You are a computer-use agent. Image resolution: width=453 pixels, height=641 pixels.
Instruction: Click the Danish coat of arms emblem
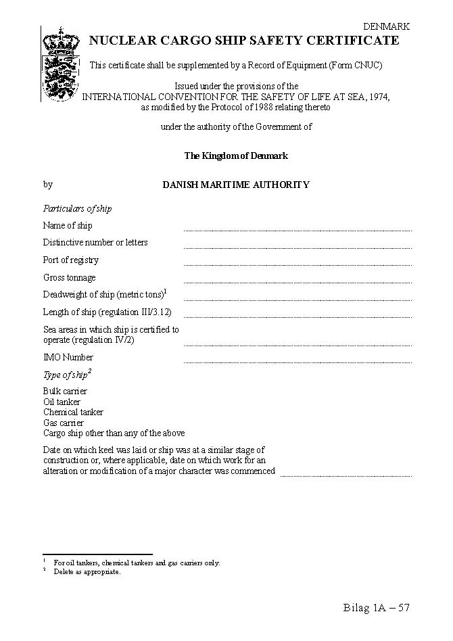pos(61,64)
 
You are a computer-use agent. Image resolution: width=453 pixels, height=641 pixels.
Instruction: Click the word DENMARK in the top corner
pos(386,26)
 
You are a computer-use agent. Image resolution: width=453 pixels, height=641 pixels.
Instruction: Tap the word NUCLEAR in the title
pos(117,41)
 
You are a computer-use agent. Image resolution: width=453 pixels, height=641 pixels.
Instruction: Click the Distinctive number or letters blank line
pos(297,246)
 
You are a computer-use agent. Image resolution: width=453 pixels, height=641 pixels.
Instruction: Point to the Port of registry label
pos(71,260)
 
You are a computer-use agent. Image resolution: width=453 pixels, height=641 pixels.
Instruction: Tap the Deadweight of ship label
pos(104,295)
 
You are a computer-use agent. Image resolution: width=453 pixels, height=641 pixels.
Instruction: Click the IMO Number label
pos(68,358)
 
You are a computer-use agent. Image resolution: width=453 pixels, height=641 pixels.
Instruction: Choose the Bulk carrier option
pos(65,391)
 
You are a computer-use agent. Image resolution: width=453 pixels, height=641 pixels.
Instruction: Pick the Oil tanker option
pos(62,402)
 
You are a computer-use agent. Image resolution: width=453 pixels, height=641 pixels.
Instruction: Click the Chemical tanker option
pos(73,412)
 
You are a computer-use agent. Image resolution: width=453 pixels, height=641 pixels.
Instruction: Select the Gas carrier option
pos(64,423)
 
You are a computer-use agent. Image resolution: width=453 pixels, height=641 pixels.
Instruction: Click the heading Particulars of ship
pos(77,209)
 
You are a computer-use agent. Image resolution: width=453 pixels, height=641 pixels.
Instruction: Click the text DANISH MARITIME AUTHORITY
pos(236,185)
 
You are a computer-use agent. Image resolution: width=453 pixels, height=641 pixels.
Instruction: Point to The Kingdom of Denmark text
pos(236,156)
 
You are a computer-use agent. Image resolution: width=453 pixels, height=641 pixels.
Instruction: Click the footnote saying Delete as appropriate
pos(87,572)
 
